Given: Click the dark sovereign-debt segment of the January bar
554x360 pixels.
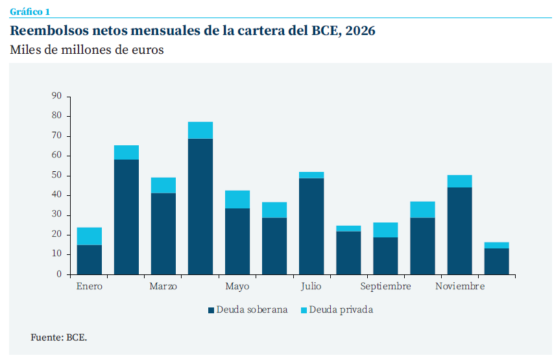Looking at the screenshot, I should coord(90,259).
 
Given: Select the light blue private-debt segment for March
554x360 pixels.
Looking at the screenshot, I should coord(163,186).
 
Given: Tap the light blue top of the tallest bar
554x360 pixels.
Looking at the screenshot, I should coord(200,130).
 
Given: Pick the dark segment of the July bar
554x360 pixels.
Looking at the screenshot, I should coord(311,226).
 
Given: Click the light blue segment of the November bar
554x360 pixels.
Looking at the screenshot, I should coord(460,181).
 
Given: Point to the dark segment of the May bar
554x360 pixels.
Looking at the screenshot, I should coord(237,241).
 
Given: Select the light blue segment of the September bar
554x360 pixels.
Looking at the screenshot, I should coord(385,230).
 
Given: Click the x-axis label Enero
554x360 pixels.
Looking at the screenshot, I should coord(90,287).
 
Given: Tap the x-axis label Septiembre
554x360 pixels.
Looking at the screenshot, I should coord(385,287).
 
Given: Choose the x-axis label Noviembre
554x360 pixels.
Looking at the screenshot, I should coord(460,287).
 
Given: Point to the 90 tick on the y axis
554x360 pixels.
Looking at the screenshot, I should coord(56,96).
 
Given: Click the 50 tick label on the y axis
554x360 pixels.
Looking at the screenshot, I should coord(56,175).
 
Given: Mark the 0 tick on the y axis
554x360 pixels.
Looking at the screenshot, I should coord(59,274).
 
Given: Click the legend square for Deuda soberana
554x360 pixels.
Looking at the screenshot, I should coord(211,310).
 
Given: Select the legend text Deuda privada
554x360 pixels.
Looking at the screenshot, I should coord(341,310).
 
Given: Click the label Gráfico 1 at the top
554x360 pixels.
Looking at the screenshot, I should coord(30,12).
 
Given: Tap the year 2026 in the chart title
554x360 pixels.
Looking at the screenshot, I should coord(361,30).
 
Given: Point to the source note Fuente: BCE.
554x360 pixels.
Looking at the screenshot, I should coord(59,337).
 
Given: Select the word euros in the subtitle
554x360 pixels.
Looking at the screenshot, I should coord(145,51).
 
